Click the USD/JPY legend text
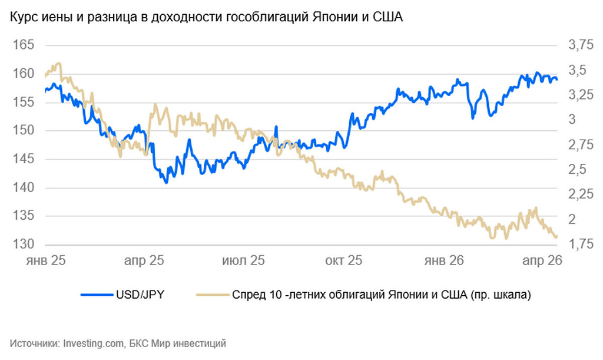pos(140,295)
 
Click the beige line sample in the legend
pos(210,295)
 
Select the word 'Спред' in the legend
pos(247,295)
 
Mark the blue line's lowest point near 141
pos(166,182)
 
